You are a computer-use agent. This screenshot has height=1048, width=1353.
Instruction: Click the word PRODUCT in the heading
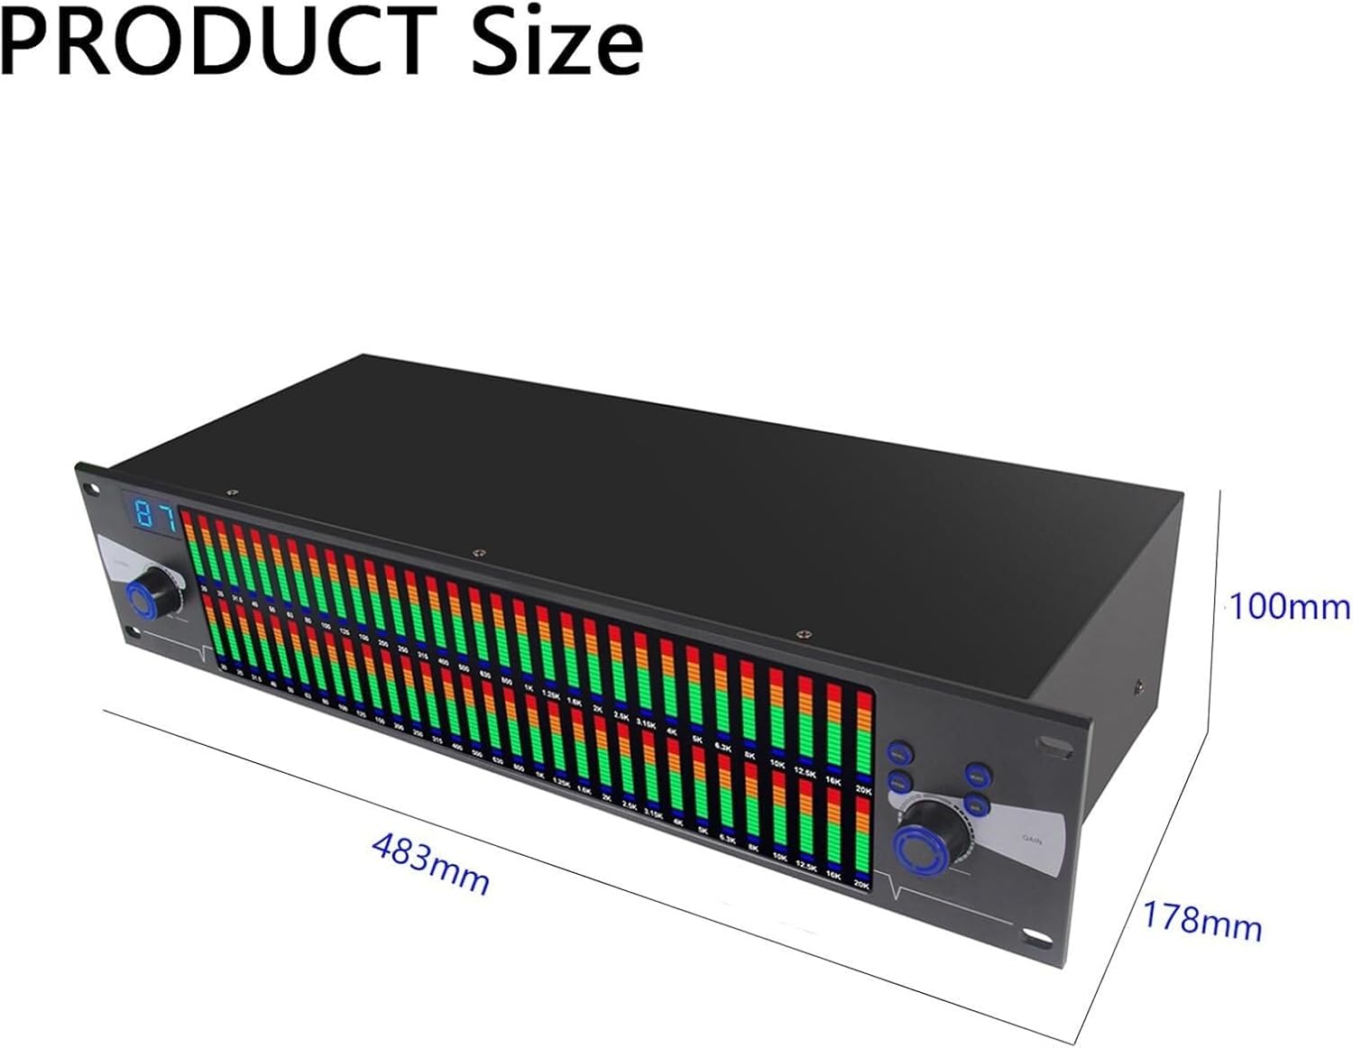(x=216, y=41)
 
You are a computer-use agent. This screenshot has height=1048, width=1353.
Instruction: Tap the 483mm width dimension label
(x=431, y=863)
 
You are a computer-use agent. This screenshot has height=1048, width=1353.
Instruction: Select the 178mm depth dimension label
(x=1202, y=921)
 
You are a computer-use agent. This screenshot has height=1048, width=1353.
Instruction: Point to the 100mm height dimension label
(x=1290, y=607)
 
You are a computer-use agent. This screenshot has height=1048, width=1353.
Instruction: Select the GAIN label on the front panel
(x=1032, y=839)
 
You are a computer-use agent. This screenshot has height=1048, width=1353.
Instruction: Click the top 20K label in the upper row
(x=863, y=791)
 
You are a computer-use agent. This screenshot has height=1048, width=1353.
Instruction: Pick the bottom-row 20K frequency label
(x=861, y=886)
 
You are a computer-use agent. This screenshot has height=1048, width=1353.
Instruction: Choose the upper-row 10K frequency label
(x=778, y=764)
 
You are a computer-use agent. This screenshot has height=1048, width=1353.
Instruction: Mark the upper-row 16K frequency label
(x=835, y=782)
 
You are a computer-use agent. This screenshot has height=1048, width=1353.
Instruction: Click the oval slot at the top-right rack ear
(x=1054, y=743)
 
